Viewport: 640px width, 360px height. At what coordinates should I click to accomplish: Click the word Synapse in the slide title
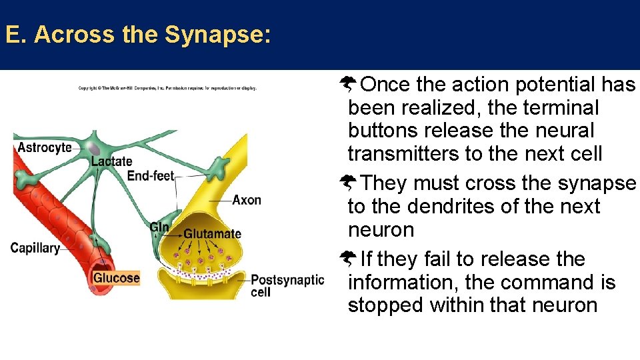[x=217, y=35]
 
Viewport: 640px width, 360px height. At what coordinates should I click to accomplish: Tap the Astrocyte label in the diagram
[x=45, y=147]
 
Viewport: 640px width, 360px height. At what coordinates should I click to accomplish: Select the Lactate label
[x=111, y=161]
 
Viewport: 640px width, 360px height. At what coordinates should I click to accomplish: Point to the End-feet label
[x=150, y=176]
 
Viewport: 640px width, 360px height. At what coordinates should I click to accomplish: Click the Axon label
[x=247, y=200]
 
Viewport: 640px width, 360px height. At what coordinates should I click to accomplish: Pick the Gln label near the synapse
[x=159, y=227]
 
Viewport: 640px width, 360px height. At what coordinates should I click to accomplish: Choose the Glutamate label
[x=212, y=234]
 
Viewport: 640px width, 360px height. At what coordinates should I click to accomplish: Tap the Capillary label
[x=35, y=248]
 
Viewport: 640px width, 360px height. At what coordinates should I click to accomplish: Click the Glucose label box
[x=117, y=278]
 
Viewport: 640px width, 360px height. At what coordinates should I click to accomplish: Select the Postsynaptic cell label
[x=287, y=285]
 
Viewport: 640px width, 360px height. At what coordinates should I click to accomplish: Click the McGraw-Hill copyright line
[x=167, y=88]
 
